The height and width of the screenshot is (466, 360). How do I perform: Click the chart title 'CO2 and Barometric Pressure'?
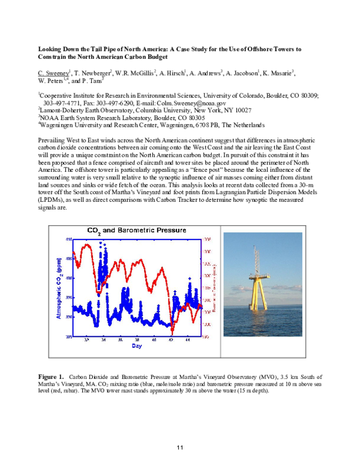point(136,230)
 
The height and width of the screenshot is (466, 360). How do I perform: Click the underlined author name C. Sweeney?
point(53,73)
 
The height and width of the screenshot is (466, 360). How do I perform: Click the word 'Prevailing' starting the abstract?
point(52,139)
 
